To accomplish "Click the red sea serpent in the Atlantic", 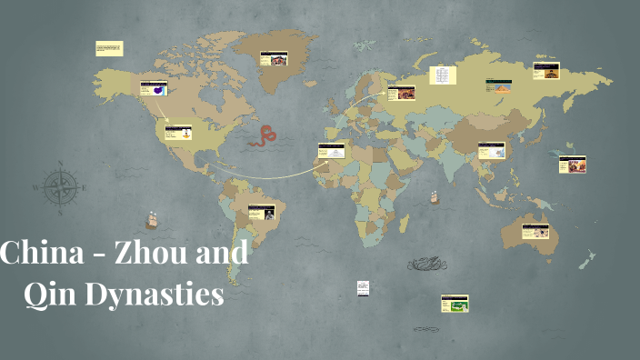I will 265,136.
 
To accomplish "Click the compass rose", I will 61,188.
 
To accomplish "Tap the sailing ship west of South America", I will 151,220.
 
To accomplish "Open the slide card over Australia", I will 535,232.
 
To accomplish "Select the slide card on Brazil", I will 262,213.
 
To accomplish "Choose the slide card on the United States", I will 178,133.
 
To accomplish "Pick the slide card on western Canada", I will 154,88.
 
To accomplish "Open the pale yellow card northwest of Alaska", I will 109,47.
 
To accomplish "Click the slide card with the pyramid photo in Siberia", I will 497,86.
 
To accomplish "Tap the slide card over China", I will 491,151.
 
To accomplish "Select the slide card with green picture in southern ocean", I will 454,303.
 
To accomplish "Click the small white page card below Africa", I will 363,287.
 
